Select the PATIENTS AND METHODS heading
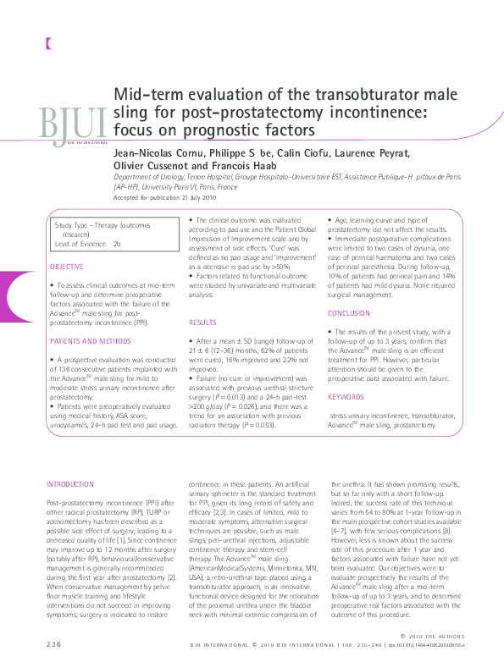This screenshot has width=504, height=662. [x=91, y=340]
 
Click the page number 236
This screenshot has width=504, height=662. [x=54, y=646]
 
